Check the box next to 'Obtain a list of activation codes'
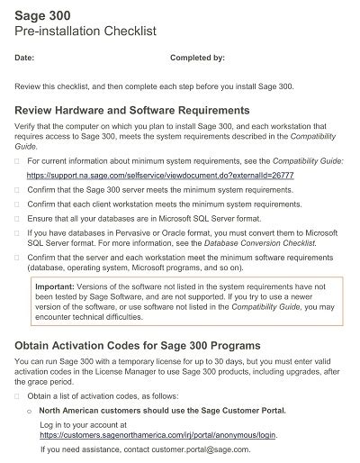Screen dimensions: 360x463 click(17, 396)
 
